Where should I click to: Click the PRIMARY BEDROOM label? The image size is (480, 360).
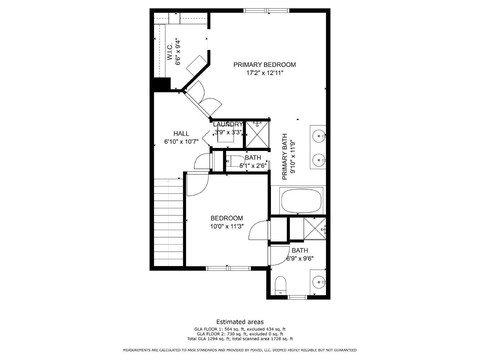264,64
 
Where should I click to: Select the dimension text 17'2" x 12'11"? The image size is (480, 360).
264,73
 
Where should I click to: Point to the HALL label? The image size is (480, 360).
181,134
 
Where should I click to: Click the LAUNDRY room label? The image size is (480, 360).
228,124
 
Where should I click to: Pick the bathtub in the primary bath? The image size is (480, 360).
301,200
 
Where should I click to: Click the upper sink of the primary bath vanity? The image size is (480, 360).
318,136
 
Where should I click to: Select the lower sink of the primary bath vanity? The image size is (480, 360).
318,160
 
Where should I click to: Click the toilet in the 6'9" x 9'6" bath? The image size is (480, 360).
281,285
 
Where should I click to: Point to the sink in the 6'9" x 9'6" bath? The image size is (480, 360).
318,282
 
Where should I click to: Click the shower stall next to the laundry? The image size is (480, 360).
257,134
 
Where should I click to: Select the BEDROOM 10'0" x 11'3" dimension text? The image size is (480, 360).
227,226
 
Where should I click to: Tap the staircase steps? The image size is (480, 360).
168,222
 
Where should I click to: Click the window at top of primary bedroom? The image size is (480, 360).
266,11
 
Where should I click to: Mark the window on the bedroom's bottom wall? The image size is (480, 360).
228,268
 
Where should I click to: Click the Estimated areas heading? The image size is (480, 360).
240,322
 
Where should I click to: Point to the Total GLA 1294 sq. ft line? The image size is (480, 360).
240,339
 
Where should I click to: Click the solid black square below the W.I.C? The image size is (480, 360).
162,83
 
